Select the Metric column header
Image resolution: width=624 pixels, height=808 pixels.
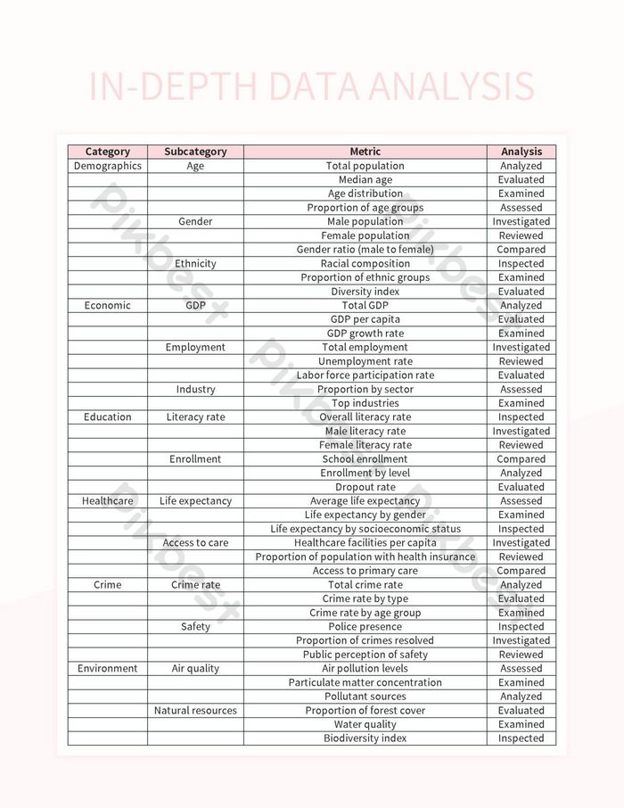click(365, 152)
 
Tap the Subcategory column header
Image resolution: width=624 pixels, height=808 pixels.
click(195, 152)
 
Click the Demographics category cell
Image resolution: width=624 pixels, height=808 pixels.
click(107, 166)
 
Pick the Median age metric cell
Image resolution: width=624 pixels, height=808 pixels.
click(365, 179)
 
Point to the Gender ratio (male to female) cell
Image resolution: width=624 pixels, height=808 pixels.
click(365, 250)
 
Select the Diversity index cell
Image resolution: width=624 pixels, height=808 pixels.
click(365, 292)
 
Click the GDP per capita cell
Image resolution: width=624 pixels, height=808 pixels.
click(365, 319)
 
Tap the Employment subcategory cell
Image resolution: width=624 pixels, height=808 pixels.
click(195, 347)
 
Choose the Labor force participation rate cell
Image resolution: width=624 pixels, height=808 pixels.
click(365, 375)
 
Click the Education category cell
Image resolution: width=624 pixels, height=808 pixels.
click(107, 417)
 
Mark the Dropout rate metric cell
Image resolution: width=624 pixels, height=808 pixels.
click(365, 487)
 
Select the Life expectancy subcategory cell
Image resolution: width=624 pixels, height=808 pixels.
click(195, 501)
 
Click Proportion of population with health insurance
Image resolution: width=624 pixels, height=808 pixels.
click(365, 557)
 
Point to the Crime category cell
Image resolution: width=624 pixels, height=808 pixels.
click(107, 585)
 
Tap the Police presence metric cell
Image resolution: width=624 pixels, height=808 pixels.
click(365, 627)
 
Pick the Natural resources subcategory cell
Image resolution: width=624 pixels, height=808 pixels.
click(195, 711)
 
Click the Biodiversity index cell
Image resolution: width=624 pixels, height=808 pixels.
click(365, 738)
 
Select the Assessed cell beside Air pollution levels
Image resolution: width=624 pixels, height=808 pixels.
click(521, 669)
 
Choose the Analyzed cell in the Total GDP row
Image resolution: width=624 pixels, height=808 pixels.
click(521, 305)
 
